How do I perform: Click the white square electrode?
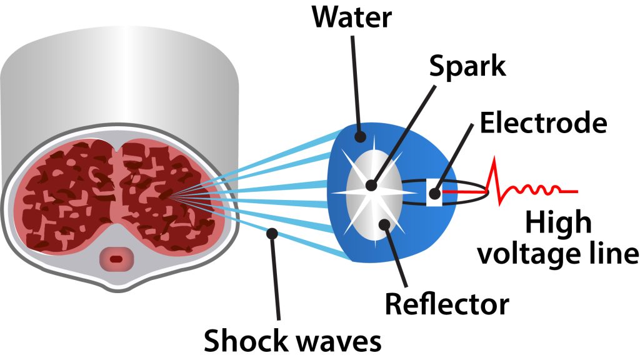coord(434,192)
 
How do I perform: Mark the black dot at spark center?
coord(371,186)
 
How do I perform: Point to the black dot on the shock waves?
coord(271,233)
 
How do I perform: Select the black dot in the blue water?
coord(360,135)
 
